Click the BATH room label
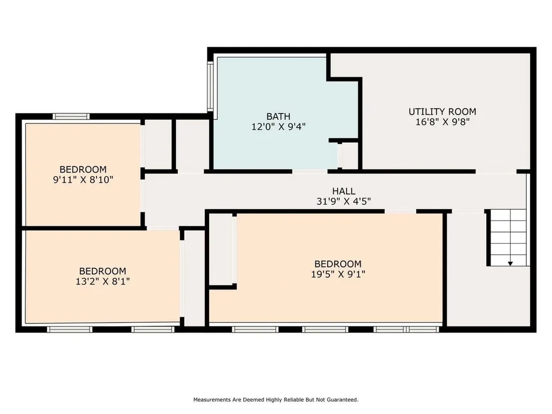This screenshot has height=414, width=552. (x=278, y=116)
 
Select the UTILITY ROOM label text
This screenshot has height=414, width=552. (x=442, y=112)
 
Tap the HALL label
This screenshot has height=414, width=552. (x=343, y=191)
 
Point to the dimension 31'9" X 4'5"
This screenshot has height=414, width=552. (x=343, y=201)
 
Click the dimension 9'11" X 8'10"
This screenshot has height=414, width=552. (x=83, y=180)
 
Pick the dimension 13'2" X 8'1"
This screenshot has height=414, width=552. (x=102, y=281)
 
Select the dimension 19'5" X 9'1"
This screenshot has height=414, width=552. (x=337, y=274)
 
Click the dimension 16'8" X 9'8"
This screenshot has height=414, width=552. (x=442, y=122)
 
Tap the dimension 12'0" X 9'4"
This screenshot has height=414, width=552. (x=278, y=127)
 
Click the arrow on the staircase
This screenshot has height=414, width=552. (x=510, y=262)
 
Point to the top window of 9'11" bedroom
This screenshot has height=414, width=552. (x=71, y=116)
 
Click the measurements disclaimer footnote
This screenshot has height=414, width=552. (x=275, y=400)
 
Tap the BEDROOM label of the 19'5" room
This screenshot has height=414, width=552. (x=337, y=264)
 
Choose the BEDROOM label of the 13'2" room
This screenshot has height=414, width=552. (x=102, y=271)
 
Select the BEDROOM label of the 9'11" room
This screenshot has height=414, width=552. (x=83, y=169)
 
